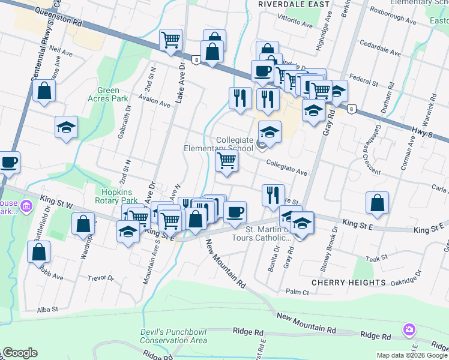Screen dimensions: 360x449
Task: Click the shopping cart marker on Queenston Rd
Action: [x=171, y=40]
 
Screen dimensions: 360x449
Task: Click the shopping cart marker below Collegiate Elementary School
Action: [x=226, y=161]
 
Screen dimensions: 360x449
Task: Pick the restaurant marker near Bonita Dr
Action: [x=273, y=194]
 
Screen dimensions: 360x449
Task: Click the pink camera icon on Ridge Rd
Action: [x=409, y=329]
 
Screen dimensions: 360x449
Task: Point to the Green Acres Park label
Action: [x=108, y=94]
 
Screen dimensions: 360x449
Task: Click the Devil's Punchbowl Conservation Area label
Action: [x=173, y=336]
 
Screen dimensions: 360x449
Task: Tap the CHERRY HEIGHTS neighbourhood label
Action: [x=348, y=282]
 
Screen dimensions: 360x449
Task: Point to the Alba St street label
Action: [x=47, y=310]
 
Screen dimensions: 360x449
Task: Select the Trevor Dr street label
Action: [x=100, y=278]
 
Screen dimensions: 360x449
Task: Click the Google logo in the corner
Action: [x=20, y=353]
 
